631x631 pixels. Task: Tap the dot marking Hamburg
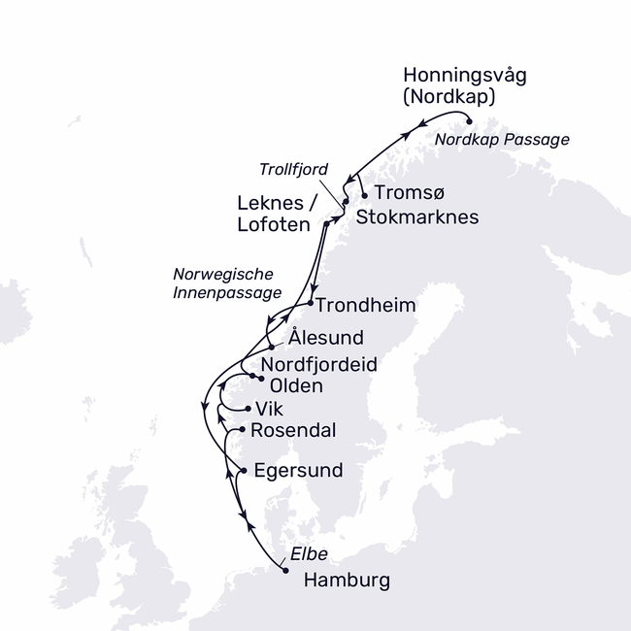click(x=284, y=571)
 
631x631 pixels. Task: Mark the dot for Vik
click(x=249, y=409)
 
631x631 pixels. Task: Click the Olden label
click(x=295, y=385)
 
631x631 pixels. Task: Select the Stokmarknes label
click(x=417, y=216)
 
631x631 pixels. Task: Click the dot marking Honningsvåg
click(x=470, y=121)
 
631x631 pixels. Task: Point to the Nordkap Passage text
click(x=502, y=140)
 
